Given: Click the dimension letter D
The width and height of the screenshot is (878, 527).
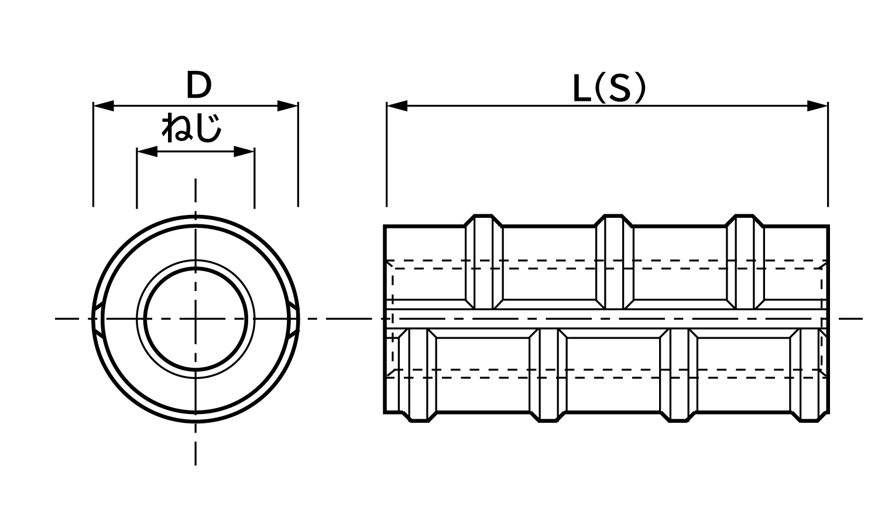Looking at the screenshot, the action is pyautogui.click(x=199, y=85).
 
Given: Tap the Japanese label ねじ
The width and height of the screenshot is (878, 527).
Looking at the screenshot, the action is pyautogui.click(x=191, y=128).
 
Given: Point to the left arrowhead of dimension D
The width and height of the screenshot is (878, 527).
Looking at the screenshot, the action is pyautogui.click(x=104, y=106).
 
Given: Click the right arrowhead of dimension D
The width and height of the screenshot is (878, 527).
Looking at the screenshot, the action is pyautogui.click(x=287, y=106).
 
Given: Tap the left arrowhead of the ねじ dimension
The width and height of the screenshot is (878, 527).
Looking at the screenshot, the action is pyautogui.click(x=147, y=152).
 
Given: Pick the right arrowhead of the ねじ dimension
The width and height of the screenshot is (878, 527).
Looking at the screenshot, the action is pyautogui.click(x=244, y=152).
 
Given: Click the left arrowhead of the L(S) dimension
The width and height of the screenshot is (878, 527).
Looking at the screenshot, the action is pyautogui.click(x=397, y=106).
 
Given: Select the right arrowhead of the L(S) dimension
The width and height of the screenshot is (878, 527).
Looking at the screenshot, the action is pyautogui.click(x=817, y=106).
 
